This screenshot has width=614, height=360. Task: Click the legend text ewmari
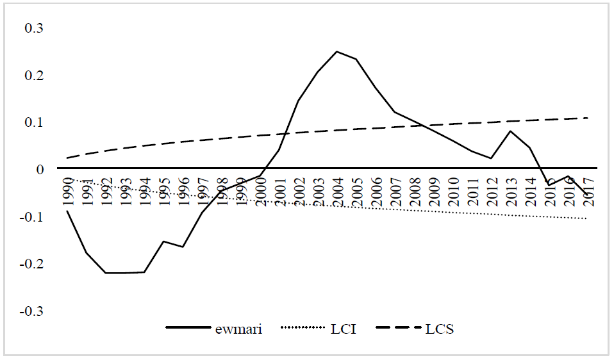[x=238, y=330]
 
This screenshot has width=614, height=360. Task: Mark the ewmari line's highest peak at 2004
[x=337, y=51]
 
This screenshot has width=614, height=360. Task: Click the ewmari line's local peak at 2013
[x=510, y=131]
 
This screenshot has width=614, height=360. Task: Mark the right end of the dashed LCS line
[x=588, y=118]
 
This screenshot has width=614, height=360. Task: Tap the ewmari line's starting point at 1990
[x=67, y=211]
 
